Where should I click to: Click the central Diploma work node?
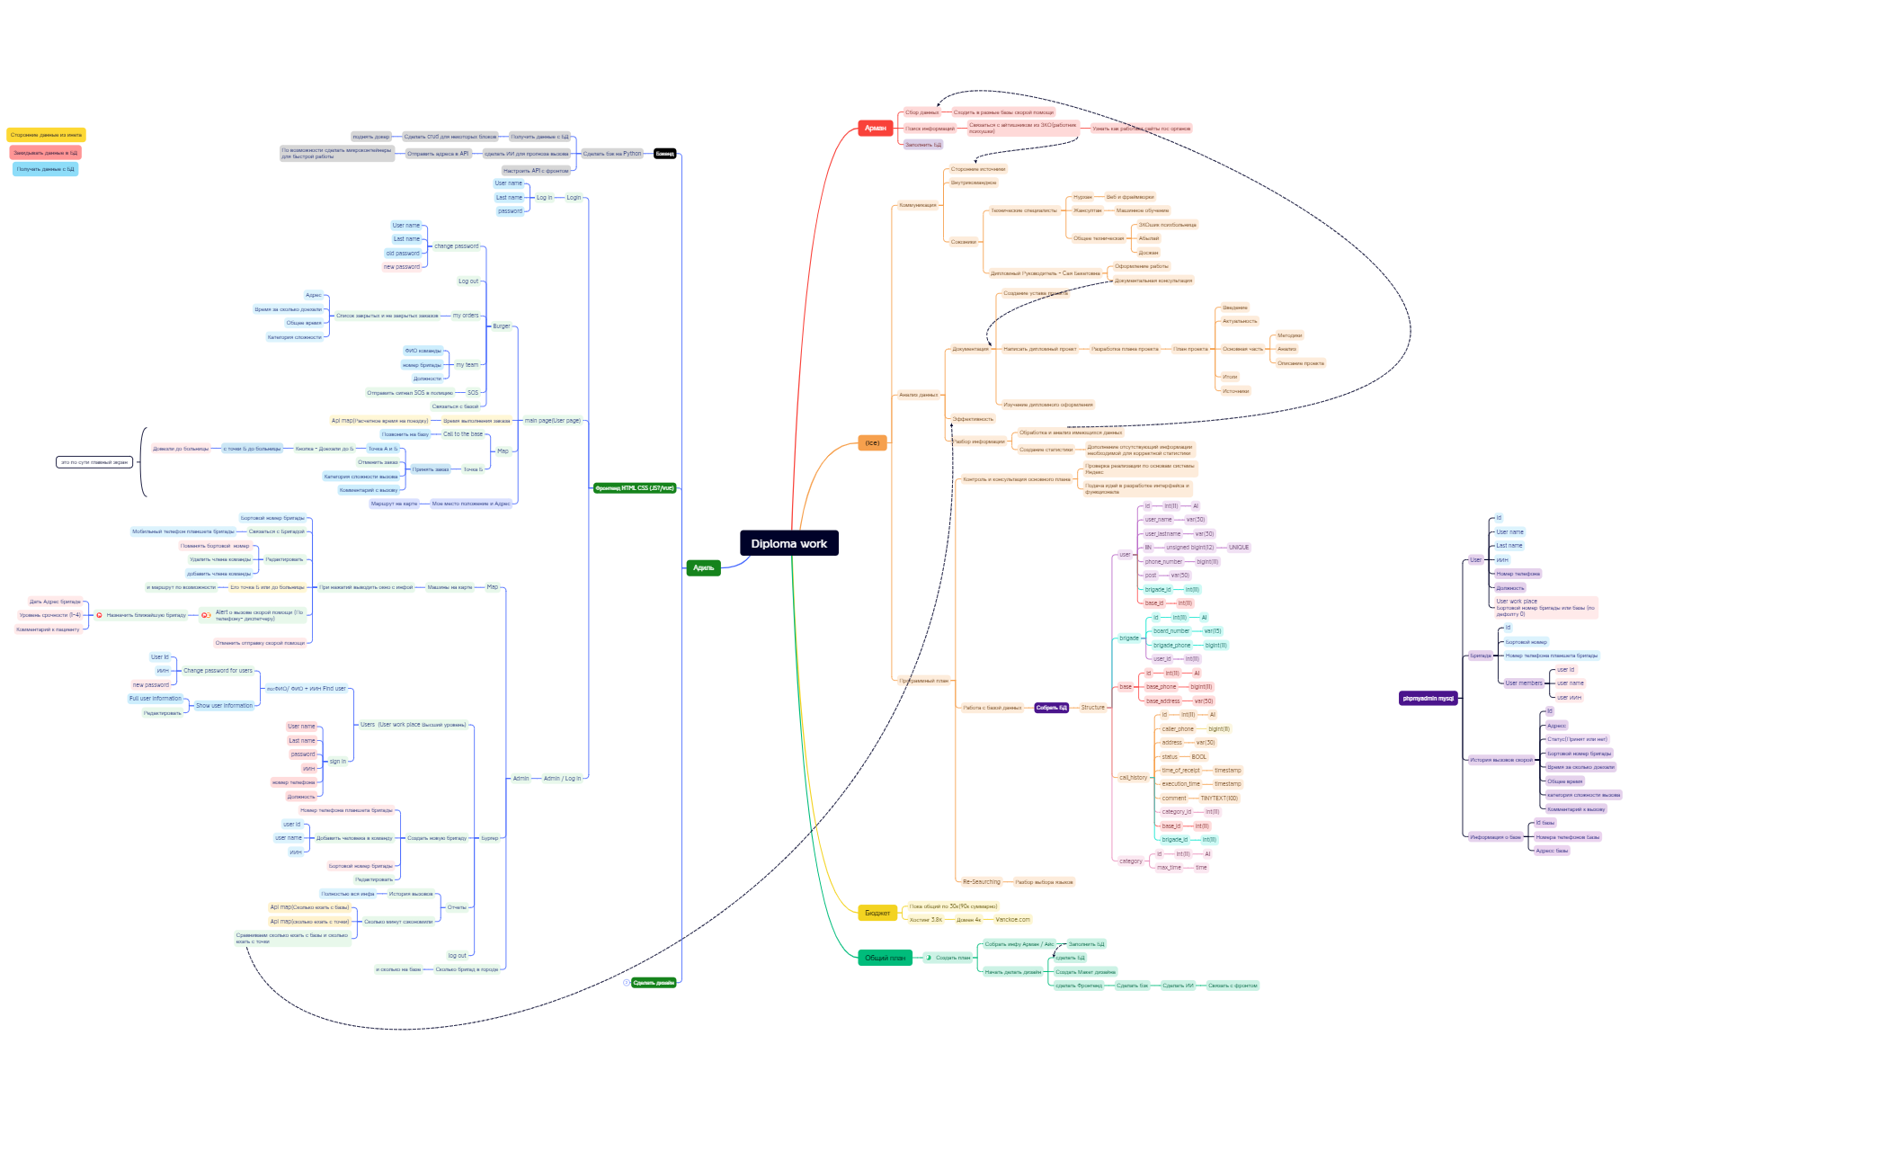coord(788,543)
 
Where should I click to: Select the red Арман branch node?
coord(875,129)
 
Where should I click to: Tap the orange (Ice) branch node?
coord(872,443)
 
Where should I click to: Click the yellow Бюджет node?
coord(877,913)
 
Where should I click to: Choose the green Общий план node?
coord(885,958)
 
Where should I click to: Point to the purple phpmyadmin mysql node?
coord(1428,699)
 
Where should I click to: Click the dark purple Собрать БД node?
coord(1051,708)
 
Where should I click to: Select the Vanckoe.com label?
coord(1012,920)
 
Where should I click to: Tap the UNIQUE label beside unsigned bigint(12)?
coord(1238,548)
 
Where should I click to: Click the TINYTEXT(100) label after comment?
coord(1218,799)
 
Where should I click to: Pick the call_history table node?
coord(1133,778)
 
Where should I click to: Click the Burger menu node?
coord(501,326)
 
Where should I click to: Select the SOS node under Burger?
coord(472,393)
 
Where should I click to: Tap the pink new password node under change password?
coord(401,267)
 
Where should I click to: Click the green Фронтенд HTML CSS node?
coord(634,488)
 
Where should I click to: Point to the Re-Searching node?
coord(981,882)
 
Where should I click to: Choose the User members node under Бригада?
coord(1523,683)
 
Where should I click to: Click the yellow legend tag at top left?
coord(46,135)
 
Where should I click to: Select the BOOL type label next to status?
coord(1198,757)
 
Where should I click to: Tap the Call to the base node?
coord(462,434)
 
